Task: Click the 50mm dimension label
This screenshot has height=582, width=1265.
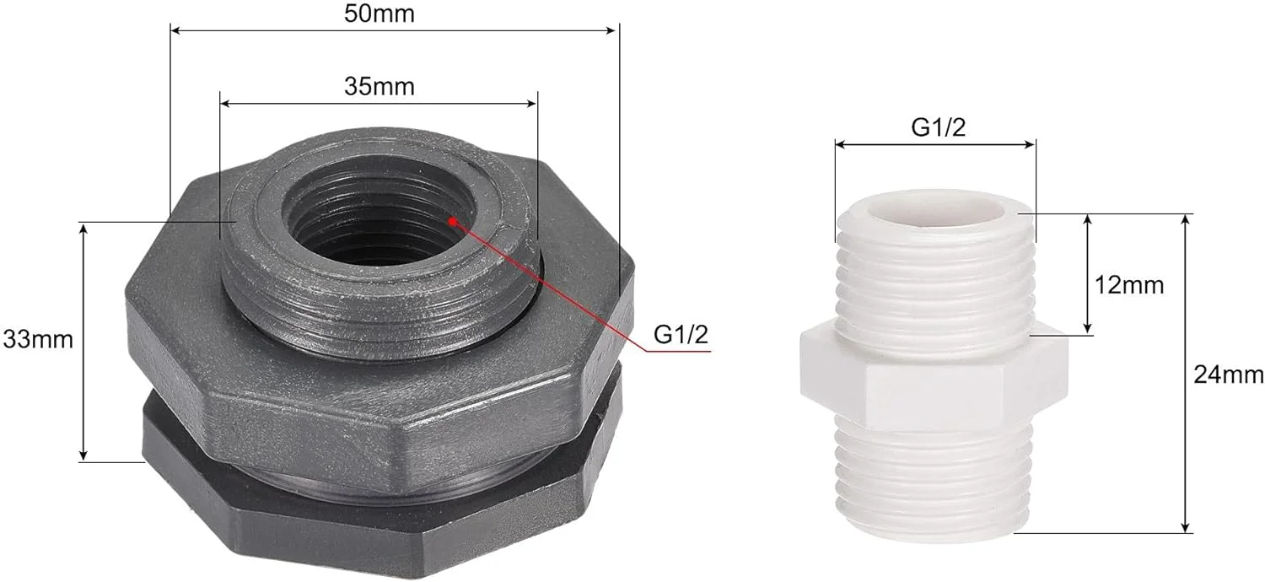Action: pyautogui.click(x=379, y=13)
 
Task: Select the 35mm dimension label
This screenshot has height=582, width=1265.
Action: pyautogui.click(x=379, y=86)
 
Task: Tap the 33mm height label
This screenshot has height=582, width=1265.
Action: pyautogui.click(x=38, y=340)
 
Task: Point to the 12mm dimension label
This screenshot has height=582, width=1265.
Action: pyautogui.click(x=1129, y=285)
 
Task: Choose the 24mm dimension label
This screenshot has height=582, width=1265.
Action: pyautogui.click(x=1229, y=375)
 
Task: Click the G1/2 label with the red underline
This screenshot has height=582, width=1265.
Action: pyautogui.click(x=681, y=335)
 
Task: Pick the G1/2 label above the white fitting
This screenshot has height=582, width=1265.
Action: pyautogui.click(x=938, y=127)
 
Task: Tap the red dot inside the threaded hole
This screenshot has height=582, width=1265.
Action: pyautogui.click(x=453, y=222)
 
